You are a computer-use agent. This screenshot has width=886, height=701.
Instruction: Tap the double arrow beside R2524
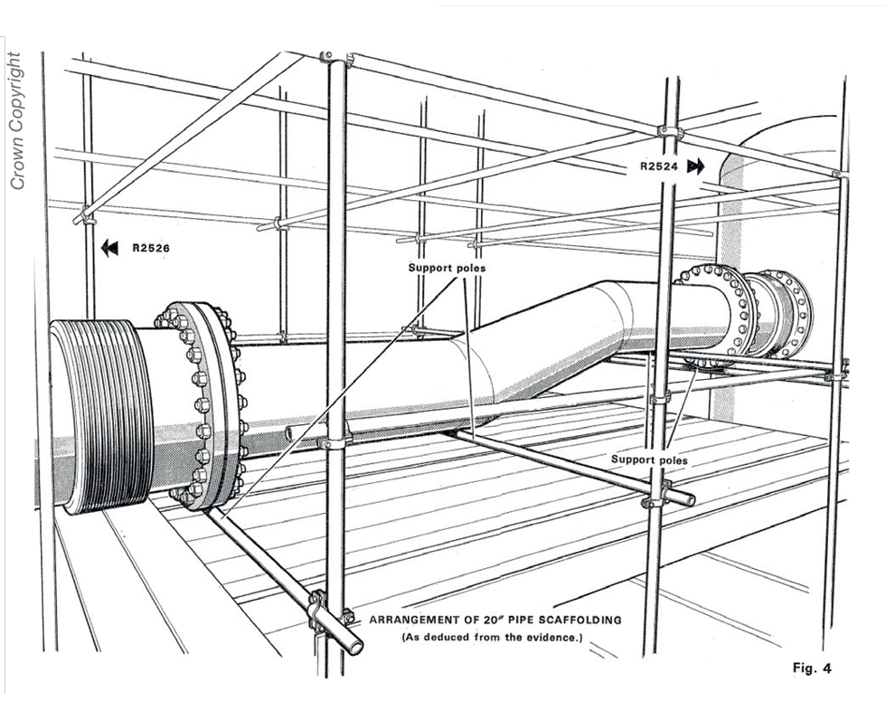695,166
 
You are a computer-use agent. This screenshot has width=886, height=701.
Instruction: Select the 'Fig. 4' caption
810,668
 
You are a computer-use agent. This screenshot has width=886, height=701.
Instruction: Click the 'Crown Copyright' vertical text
15,118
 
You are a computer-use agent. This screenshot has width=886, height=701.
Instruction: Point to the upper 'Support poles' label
446,269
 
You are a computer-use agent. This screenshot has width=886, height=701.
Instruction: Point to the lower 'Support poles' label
648,459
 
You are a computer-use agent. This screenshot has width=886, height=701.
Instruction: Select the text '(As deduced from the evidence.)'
495,639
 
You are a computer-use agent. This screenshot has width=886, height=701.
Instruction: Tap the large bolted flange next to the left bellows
206,403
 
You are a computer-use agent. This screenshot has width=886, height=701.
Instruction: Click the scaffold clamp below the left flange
321,611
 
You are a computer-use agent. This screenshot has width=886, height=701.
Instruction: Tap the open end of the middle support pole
690,499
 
